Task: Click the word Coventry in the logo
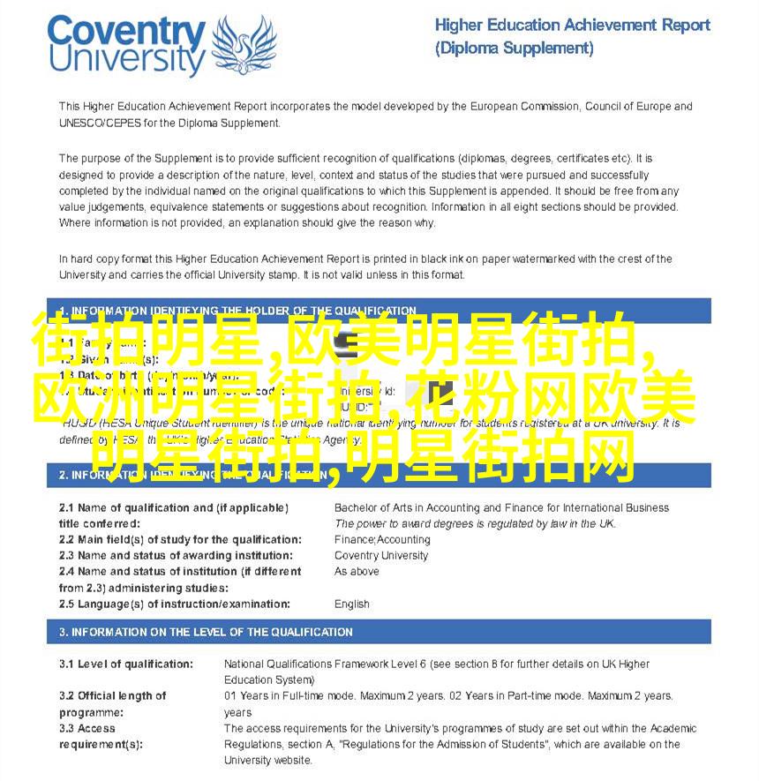coord(126,34)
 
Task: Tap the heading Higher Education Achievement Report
coord(572,25)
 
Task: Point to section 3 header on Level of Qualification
coord(206,632)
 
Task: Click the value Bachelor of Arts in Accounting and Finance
coord(500,507)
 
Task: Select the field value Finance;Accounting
coord(382,539)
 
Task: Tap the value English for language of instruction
coord(351,604)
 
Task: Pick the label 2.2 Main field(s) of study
coord(179,539)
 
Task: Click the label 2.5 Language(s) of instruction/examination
coord(174,604)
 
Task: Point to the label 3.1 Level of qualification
coord(125,664)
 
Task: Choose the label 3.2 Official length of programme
coord(112,703)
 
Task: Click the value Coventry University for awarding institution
coord(380,555)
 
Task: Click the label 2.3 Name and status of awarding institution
coord(176,555)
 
